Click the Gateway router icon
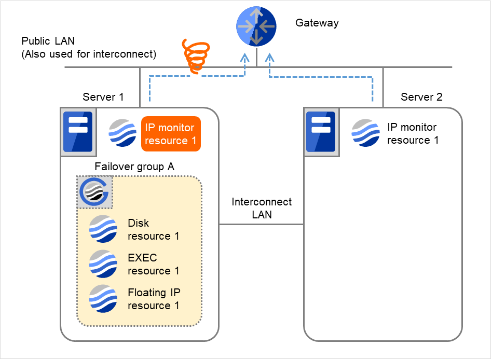pos(256,26)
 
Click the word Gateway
pos(317,23)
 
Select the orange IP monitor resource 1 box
pos(171,134)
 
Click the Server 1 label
pos(103,97)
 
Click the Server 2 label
pos(421,97)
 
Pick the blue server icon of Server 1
pos(77,132)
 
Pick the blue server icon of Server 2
pos(320,132)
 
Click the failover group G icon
pos(95,192)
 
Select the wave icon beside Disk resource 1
pos(103,229)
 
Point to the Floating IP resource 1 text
pos(154,299)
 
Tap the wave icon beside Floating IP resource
pos(103,298)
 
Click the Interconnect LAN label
pos(262,208)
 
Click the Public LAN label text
pos(89,47)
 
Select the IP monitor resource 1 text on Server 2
pos(413,133)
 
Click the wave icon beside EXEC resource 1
pos(103,264)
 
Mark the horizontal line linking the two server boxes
pos(261,225)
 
